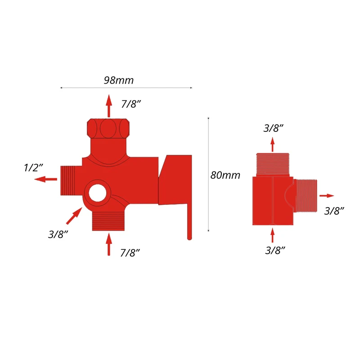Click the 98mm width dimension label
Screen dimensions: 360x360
click(119, 80)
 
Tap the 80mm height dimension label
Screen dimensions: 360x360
click(225, 175)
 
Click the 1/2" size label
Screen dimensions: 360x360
click(33, 167)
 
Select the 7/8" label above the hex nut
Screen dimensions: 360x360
click(130, 104)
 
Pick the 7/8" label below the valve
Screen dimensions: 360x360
click(130, 253)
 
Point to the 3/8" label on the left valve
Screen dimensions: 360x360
click(58, 234)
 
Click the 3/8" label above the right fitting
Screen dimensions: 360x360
click(273, 128)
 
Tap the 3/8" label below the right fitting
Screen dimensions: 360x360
click(275, 250)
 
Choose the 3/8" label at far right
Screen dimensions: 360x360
click(334, 211)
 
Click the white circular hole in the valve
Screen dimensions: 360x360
click(98, 193)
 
